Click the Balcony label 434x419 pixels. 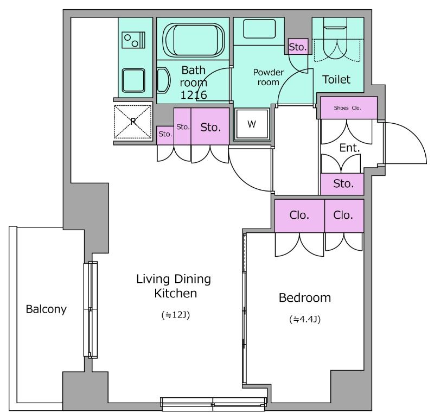(46, 309)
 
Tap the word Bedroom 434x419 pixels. (305, 298)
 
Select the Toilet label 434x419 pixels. (336, 79)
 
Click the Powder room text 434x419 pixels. (269, 77)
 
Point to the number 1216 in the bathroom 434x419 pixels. (194, 95)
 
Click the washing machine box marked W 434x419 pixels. (252, 124)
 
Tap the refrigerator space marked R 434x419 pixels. (133, 122)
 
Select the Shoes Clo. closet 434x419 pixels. (349, 107)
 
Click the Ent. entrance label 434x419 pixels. (349, 148)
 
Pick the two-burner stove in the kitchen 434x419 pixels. (133, 40)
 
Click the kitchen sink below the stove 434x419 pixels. (133, 80)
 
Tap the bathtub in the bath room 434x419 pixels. (194, 40)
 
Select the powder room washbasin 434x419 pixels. (259, 29)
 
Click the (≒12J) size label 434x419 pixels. (175, 315)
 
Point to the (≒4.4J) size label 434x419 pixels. (305, 319)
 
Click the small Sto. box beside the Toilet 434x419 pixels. (298, 47)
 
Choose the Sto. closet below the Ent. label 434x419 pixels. (342, 184)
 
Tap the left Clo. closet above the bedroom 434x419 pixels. (299, 215)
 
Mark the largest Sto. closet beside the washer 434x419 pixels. (210, 126)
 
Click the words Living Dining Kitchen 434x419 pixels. (174, 286)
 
